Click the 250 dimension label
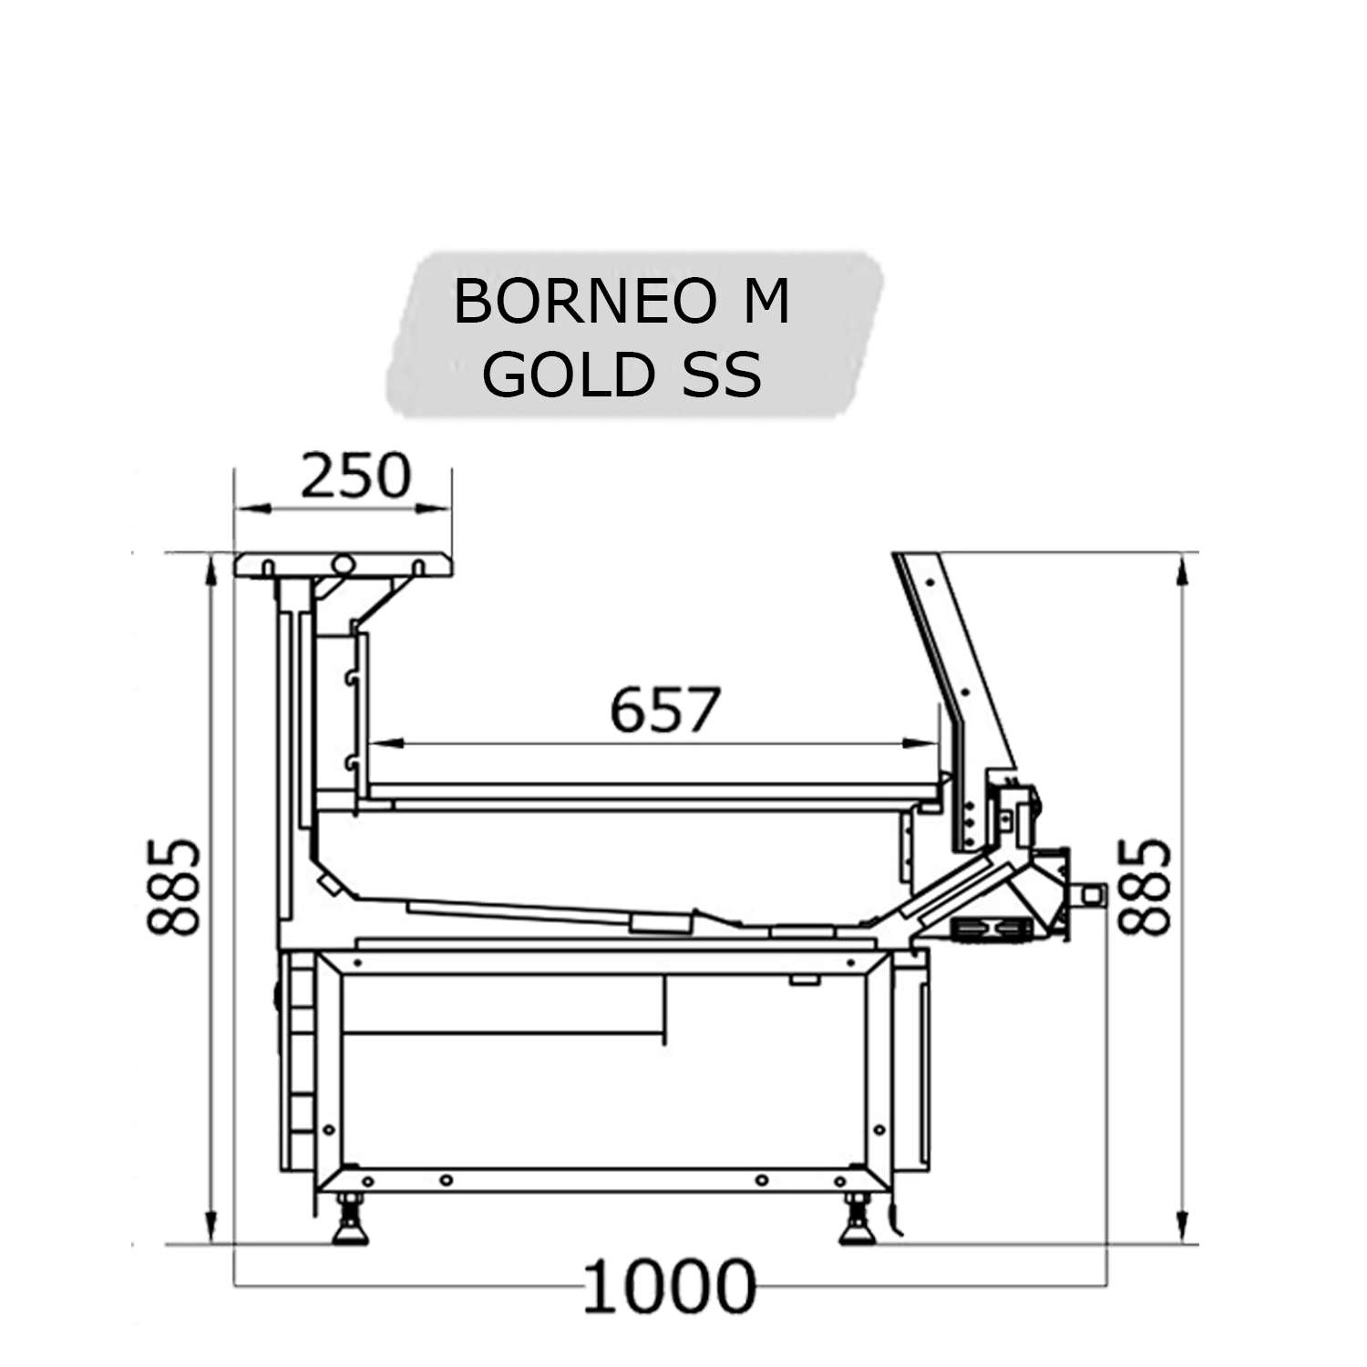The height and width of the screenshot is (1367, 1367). pyautogui.click(x=355, y=476)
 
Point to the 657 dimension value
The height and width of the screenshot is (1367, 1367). pyautogui.click(x=665, y=710)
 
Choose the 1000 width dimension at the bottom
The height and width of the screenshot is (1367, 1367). pyautogui.click(x=670, y=1287)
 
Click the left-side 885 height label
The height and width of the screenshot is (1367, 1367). pyautogui.click(x=173, y=888)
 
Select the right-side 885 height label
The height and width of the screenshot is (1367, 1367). pyautogui.click(x=1145, y=888)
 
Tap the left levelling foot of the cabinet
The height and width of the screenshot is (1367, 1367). pyautogui.click(x=350, y=1221)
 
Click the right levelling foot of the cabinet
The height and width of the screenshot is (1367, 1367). pyautogui.click(x=858, y=1221)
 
